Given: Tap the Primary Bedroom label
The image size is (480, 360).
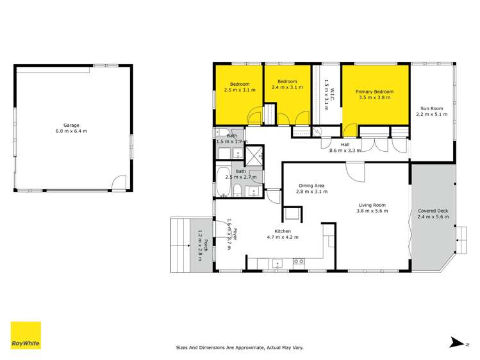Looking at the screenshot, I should coord(374,92).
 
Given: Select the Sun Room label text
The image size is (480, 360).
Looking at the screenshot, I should coord(432,108).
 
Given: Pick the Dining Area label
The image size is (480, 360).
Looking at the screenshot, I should coord(310,186).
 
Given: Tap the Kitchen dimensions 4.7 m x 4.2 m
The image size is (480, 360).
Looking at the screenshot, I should coord(283,236).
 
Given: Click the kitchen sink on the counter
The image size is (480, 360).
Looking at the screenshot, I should coord(277,261).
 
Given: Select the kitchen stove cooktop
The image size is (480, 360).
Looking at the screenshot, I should coord(298,261).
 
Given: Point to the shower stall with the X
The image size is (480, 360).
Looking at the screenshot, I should coord(254,154).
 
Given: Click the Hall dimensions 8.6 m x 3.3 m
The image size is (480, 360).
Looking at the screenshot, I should coord(345,151).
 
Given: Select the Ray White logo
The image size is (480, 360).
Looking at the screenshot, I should coord(26,336).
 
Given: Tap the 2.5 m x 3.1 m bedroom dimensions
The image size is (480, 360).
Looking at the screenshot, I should coord(240,90).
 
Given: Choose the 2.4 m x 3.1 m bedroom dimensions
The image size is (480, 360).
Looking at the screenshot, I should coord(286,88).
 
